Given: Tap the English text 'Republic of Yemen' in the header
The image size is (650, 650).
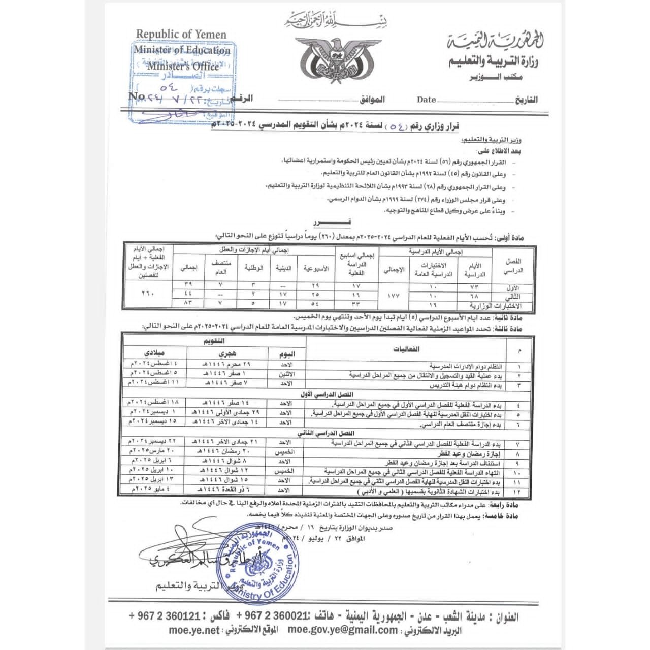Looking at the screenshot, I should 181,35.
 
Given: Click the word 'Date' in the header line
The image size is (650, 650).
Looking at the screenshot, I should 426,100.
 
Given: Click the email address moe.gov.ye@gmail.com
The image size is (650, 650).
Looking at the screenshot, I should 343,630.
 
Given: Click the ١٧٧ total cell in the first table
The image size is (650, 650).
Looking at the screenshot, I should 393,295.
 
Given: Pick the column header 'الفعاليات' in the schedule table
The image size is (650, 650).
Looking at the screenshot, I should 407,349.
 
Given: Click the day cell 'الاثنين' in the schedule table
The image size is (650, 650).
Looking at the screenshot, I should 286,375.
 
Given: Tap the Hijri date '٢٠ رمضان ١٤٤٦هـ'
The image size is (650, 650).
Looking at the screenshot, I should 225,451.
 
